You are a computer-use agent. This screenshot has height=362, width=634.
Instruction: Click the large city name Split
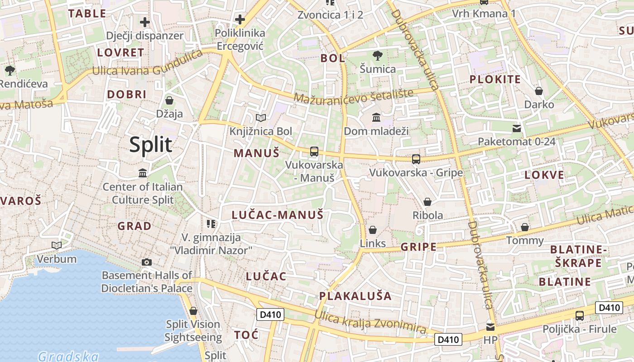click(150, 145)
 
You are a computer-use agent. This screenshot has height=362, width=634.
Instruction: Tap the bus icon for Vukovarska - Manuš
click(314, 152)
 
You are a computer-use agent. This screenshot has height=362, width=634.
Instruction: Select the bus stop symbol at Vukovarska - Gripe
click(416, 159)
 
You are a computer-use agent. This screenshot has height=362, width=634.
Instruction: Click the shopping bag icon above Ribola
click(427, 202)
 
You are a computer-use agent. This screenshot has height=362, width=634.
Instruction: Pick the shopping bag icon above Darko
click(539, 91)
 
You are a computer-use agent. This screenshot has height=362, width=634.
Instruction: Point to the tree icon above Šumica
click(377, 56)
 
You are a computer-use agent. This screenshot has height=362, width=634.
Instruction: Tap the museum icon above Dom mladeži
click(376, 118)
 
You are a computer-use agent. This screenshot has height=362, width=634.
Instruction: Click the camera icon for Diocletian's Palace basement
click(147, 262)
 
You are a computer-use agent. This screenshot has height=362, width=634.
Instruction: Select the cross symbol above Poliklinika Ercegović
click(240, 19)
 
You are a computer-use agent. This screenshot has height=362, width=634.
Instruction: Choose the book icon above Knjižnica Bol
click(261, 118)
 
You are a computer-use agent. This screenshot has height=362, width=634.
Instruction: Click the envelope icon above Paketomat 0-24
click(517, 129)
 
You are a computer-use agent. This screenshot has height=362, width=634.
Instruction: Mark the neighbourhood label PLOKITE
click(495, 80)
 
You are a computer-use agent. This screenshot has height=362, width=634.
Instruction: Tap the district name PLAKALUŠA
click(355, 296)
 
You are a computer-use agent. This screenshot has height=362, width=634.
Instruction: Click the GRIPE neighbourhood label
click(419, 247)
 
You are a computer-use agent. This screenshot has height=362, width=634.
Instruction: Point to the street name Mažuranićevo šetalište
click(354, 95)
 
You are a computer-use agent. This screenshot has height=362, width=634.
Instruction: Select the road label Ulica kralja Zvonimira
click(370, 322)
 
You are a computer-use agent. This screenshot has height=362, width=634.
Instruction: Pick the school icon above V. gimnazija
click(211, 224)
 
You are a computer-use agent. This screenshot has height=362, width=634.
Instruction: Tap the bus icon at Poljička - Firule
click(579, 316)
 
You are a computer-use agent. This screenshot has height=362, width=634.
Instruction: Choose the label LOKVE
click(544, 176)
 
